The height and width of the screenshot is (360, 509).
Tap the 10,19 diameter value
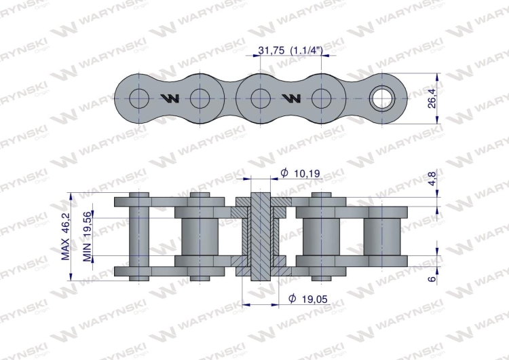click(x=307, y=174)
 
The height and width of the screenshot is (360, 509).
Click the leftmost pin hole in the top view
click(x=140, y=98)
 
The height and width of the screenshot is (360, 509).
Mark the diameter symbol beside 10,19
click(x=284, y=174)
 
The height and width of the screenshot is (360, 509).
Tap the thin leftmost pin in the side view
click(x=140, y=236)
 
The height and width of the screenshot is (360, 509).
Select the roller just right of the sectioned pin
click(x=320, y=236)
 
